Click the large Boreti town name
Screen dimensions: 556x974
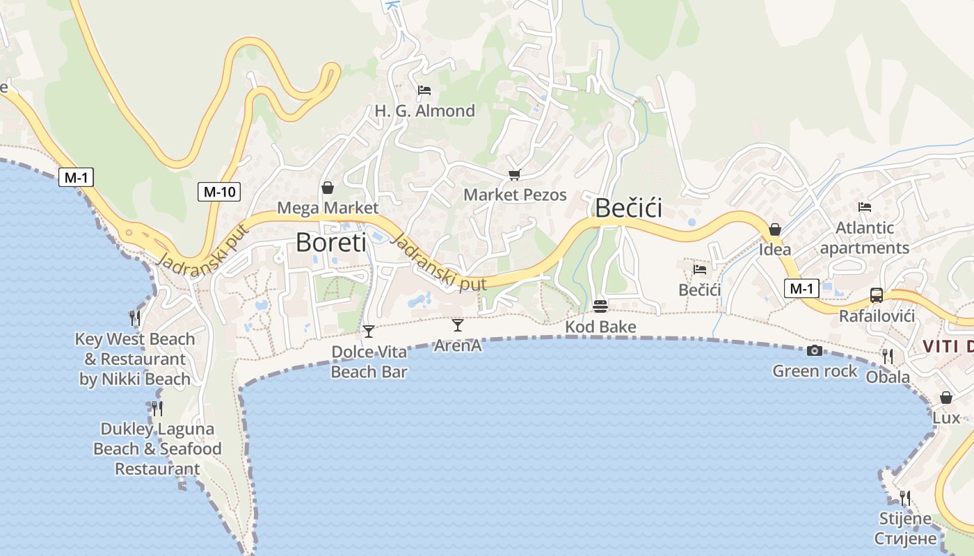tap(330, 242)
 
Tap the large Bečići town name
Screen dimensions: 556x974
tap(628, 208)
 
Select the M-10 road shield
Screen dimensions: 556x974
tap(219, 192)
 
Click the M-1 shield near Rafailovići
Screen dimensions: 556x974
tap(801, 288)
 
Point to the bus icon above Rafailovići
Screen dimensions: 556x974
tap(877, 295)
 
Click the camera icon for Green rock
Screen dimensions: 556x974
tap(815, 351)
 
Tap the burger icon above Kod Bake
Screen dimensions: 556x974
tap(600, 306)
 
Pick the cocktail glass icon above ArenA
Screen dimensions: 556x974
tap(458, 325)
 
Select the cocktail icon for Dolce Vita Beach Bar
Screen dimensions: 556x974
tap(369, 331)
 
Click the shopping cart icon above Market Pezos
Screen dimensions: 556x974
tap(515, 174)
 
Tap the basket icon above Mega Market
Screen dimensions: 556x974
tap(328, 188)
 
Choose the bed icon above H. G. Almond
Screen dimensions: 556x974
tap(424, 90)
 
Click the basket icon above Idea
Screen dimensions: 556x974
tap(774, 229)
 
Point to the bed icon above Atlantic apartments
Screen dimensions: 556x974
tap(865, 207)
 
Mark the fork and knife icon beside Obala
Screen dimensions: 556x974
tap(888, 357)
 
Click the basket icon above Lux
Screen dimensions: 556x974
tap(946, 398)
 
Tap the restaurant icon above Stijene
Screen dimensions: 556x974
tap(905, 498)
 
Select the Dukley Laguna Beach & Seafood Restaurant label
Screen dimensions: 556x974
tap(157, 448)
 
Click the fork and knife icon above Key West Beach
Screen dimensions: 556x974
tap(135, 318)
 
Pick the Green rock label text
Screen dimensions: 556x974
tap(815, 371)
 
